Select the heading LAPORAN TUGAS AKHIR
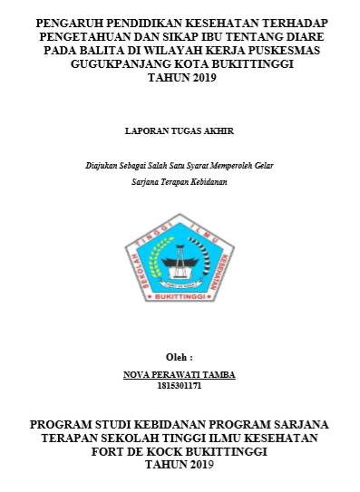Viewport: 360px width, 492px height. tap(179, 130)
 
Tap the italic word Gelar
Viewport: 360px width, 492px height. tap(262, 167)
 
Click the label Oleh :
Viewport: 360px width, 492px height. tap(180, 357)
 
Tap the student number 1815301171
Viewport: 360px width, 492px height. tap(179, 385)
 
